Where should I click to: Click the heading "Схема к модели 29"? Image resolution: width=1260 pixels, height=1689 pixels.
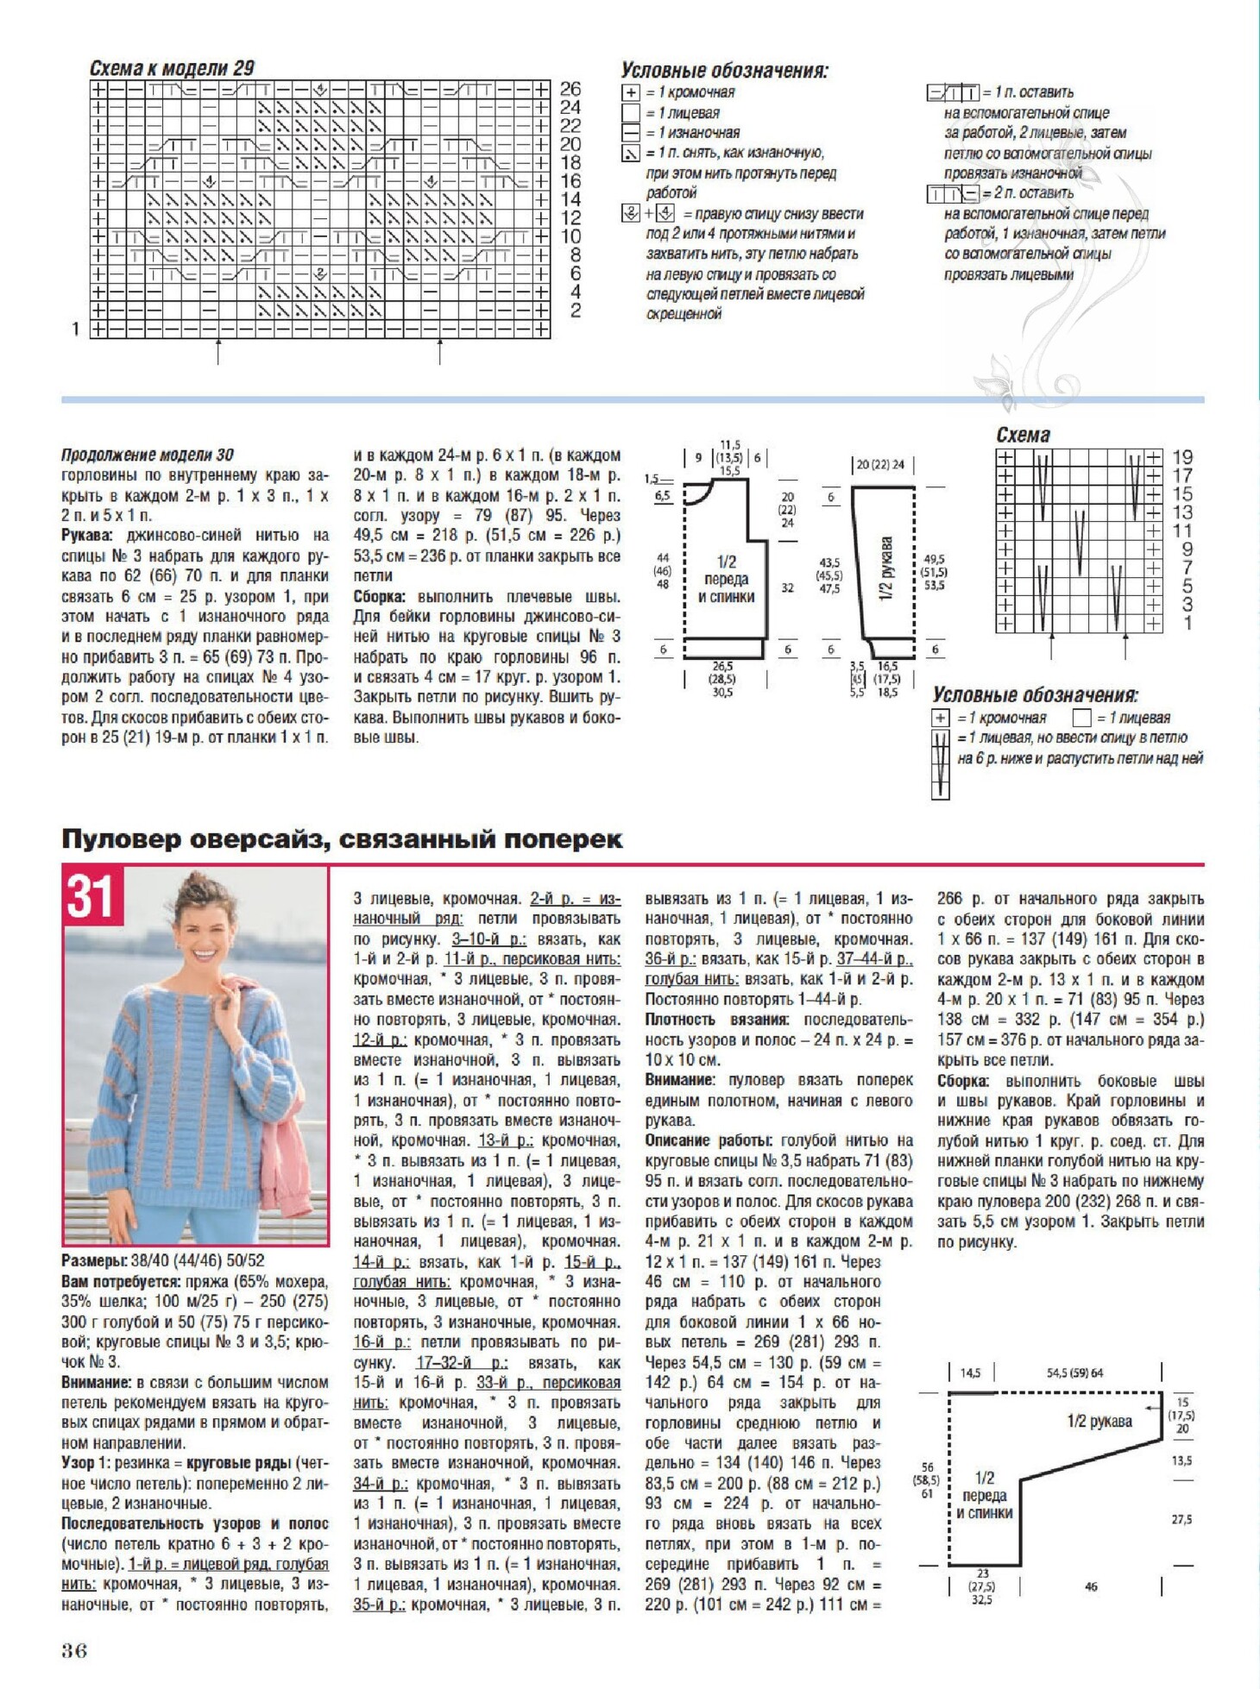172,68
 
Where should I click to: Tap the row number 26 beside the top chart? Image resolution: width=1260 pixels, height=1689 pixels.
570,89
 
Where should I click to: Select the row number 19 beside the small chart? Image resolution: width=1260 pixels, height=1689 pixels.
1182,457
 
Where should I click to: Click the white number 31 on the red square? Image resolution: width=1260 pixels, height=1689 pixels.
91,896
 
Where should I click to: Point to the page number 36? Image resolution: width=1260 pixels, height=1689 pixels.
74,1651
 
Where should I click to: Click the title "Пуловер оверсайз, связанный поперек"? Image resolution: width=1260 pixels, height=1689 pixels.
342,839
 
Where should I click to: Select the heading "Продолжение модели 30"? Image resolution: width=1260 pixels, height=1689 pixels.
148,455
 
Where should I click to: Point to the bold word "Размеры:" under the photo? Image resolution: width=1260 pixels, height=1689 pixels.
93,1261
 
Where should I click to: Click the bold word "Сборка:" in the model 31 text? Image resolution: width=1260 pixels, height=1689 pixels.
962,1081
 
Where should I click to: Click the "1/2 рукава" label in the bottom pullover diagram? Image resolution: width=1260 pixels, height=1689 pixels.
1099,1422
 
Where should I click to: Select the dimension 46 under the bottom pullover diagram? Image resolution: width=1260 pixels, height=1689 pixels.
1091,1586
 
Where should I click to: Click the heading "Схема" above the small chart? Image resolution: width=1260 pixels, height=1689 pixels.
1023,435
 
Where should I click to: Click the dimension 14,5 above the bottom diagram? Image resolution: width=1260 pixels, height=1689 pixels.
970,1372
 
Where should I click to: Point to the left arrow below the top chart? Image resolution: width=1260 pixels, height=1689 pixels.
218,351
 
